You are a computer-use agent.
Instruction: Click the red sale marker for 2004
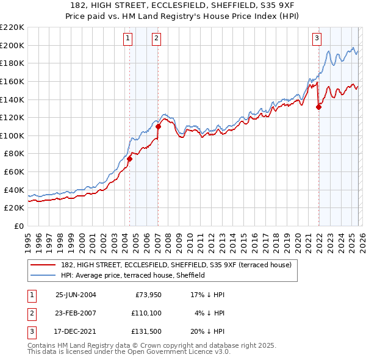pos(129,159)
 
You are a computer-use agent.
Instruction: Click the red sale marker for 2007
pos(158,126)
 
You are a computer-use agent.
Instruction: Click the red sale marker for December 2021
pos(318,107)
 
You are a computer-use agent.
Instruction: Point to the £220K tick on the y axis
pos(12,27)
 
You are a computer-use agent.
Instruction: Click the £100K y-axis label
pos(12,135)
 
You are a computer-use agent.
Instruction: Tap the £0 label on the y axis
pos(18,226)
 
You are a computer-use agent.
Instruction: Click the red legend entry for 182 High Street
pos(177,265)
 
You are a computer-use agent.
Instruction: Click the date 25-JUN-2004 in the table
pos(76,294)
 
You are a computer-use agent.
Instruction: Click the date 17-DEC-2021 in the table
pos(76,333)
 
